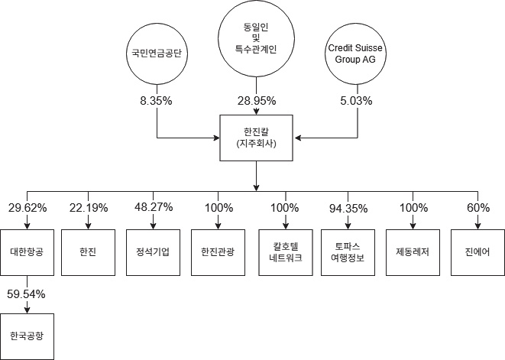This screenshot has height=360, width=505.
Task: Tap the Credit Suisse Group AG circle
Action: [x=355, y=54]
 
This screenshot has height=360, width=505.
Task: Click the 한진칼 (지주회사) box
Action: [x=256, y=138]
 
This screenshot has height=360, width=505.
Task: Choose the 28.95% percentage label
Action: [x=256, y=101]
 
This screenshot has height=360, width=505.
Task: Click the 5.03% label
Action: [x=356, y=101]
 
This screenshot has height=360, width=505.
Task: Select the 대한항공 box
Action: [x=27, y=251]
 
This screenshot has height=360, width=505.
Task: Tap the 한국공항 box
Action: [x=27, y=336]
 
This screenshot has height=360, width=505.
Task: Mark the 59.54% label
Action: [x=27, y=294]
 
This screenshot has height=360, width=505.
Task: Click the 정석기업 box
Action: [x=152, y=251]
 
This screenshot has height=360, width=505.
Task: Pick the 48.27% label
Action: [x=152, y=207]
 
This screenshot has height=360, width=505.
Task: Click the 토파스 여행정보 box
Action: [x=348, y=251]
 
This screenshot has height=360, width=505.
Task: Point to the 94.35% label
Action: [x=348, y=207]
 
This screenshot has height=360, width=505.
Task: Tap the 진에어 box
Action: [x=477, y=251]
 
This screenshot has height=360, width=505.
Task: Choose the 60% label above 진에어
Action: [x=478, y=207]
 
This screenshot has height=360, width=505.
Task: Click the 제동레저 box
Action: [x=413, y=251]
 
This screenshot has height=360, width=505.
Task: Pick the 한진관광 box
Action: [x=218, y=251]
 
